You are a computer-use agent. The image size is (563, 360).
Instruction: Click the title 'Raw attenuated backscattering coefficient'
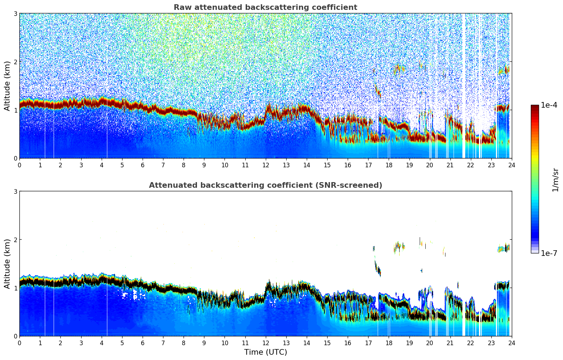(265, 7)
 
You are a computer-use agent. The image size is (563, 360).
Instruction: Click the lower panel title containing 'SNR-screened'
(265, 185)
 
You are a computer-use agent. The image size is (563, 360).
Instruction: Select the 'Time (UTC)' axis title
(265, 352)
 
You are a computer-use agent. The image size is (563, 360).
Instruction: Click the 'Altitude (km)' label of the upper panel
(7, 86)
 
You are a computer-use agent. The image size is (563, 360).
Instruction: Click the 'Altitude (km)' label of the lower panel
(7, 264)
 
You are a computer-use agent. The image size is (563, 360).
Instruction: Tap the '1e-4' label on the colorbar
(549, 105)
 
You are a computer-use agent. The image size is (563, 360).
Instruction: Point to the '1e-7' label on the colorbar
(549, 253)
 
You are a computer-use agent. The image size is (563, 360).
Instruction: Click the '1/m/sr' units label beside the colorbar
(555, 180)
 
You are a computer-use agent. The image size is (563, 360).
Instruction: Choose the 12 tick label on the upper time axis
(265, 165)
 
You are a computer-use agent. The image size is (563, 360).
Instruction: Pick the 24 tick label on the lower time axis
(511, 343)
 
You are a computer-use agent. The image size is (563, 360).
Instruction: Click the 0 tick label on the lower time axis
(19, 343)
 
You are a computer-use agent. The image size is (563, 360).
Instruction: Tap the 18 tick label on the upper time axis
(389, 165)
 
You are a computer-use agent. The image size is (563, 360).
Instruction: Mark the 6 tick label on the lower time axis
(143, 343)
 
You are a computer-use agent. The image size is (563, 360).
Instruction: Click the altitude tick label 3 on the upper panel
(16, 13)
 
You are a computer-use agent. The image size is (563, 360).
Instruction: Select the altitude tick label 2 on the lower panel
(16, 240)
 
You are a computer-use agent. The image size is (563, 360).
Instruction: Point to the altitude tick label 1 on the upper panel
(16, 110)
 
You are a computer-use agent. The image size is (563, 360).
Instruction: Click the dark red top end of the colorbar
(534, 107)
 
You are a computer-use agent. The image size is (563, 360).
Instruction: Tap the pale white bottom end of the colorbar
(534, 251)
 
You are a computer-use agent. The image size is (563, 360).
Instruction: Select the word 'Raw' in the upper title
(181, 7)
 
